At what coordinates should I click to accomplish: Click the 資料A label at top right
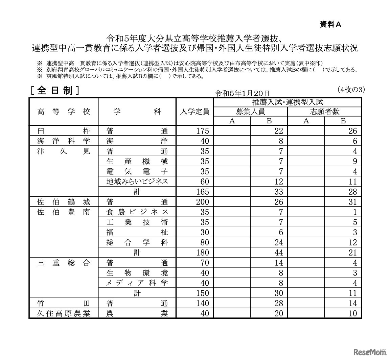(x=330, y=24)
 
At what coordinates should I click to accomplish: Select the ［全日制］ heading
(x=54, y=91)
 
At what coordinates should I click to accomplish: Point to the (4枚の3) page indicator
(x=351, y=90)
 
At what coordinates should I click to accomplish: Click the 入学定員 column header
(x=194, y=112)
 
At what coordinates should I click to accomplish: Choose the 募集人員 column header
(x=250, y=112)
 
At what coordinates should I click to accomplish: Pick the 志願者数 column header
(x=324, y=112)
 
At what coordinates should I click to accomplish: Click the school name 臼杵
(x=64, y=131)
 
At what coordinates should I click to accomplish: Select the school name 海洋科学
(x=64, y=141)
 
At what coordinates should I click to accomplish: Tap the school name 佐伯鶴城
(x=64, y=202)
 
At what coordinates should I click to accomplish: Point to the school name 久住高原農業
(x=64, y=313)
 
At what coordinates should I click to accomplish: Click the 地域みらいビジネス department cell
(x=137, y=182)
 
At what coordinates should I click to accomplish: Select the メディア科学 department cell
(x=137, y=283)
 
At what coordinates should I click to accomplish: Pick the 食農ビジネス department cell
(x=137, y=212)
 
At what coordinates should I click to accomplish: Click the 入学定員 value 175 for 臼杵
(x=203, y=131)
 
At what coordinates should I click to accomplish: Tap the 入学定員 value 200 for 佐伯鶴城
(x=203, y=202)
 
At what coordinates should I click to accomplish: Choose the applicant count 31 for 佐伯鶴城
(x=352, y=202)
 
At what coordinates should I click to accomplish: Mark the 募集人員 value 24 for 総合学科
(x=278, y=242)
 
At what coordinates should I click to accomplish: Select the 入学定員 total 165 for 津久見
(x=203, y=192)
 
